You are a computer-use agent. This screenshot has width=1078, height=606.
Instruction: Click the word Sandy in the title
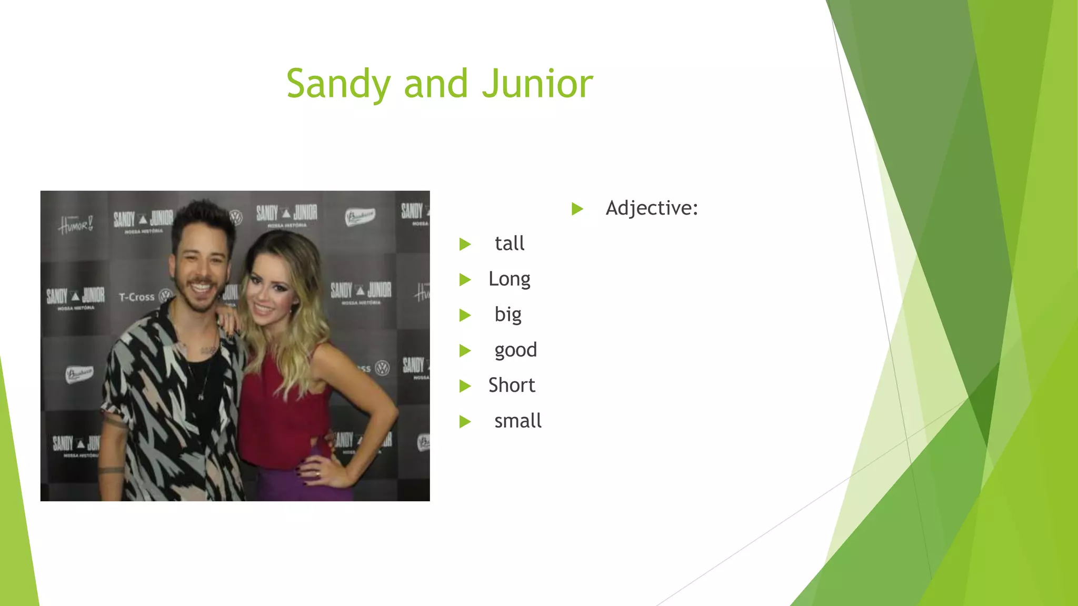(338, 84)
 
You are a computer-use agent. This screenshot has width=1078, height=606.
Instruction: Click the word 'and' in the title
(436, 84)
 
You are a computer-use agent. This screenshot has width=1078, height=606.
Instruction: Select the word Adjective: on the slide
(652, 208)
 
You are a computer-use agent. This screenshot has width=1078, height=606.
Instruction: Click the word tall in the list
(510, 244)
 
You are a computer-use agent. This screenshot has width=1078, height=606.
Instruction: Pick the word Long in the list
(509, 279)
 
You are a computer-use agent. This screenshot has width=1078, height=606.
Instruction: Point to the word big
(508, 315)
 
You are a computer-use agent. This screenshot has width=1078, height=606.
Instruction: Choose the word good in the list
(515, 350)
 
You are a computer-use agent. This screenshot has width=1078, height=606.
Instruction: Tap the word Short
(511, 386)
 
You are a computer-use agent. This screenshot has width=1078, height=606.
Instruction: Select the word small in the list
(517, 421)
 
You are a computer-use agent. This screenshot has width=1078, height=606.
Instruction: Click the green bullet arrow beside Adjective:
(577, 209)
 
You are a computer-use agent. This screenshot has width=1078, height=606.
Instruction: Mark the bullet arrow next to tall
(465, 244)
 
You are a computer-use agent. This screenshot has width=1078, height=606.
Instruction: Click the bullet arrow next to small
(465, 421)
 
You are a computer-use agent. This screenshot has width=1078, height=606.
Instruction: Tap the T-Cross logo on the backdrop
(137, 297)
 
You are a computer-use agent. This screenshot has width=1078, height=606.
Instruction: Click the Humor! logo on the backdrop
(76, 225)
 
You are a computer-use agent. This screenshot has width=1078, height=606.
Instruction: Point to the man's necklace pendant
(201, 396)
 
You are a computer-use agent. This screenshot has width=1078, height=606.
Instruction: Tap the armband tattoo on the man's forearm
(112, 469)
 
